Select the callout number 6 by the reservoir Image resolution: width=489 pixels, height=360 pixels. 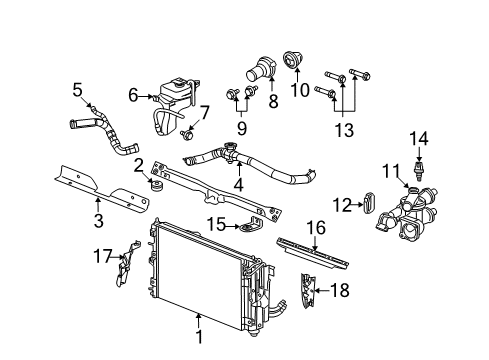click(x=133, y=97)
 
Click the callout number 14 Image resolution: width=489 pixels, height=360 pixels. click(x=421, y=138)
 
